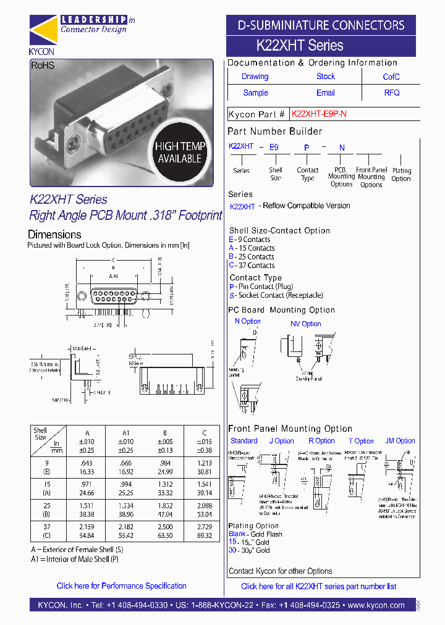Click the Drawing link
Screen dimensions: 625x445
pyautogui.click(x=255, y=77)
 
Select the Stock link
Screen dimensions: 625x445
pyautogui.click(x=326, y=77)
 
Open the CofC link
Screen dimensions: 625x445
pyautogui.click(x=391, y=77)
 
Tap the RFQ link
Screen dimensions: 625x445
pyautogui.click(x=392, y=93)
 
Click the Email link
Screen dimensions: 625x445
pyautogui.click(x=326, y=93)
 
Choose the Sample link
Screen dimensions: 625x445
pyautogui.click(x=255, y=93)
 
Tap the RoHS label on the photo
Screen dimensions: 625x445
pyautogui.click(x=43, y=65)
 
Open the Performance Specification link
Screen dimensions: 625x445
pyautogui.click(x=121, y=585)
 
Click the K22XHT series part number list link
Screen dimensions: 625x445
pyautogui.click(x=318, y=586)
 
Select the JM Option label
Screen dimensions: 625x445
pyautogui.click(x=400, y=441)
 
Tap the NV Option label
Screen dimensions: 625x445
pyautogui.click(x=306, y=324)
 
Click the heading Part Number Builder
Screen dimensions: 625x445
pyautogui.click(x=274, y=131)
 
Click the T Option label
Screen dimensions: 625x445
pyautogui.click(x=361, y=441)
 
